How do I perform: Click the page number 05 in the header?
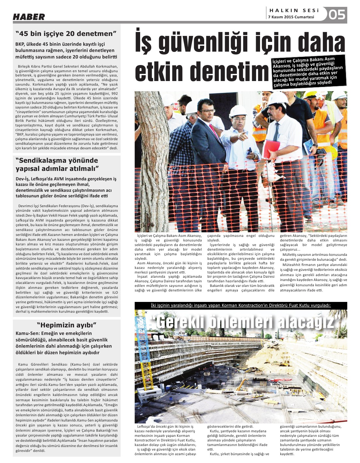click(x=336, y=15)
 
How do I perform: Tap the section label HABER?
click(x=29, y=17)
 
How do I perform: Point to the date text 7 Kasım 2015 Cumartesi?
click(x=291, y=17)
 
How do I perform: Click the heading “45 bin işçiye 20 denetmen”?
click(x=66, y=34)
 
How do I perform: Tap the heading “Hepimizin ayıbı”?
click(x=67, y=325)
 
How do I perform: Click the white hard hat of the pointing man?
click(x=238, y=111)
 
